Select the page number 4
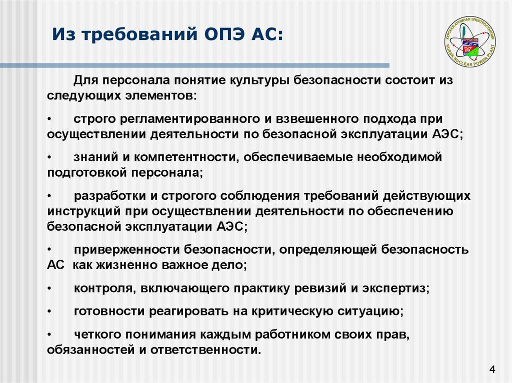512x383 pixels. point(492,370)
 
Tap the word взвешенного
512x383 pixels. point(313,119)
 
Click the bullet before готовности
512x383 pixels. point(50,312)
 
